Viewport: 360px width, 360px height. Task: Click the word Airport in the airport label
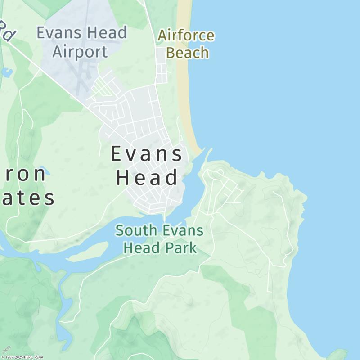click(80, 52)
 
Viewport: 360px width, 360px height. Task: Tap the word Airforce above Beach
click(186, 36)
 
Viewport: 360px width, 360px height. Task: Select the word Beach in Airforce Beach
click(187, 53)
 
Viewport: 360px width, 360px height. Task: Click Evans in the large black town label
click(147, 154)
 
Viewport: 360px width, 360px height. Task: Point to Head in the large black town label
click(147, 178)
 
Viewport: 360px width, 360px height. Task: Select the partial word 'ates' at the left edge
click(27, 198)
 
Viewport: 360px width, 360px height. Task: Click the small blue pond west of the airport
click(7, 72)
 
